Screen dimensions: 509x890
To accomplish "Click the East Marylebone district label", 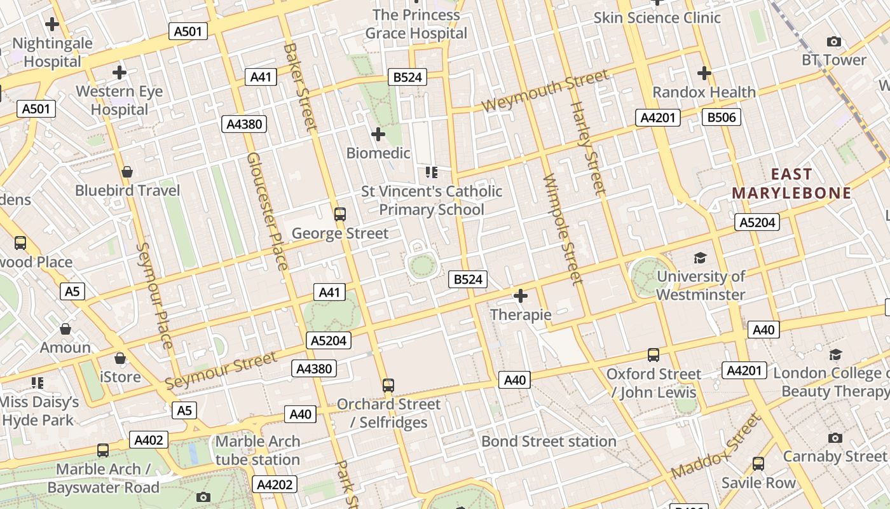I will pos(791,183).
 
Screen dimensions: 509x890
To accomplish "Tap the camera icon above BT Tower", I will pos(834,42).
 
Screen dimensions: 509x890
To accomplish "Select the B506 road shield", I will pos(722,117).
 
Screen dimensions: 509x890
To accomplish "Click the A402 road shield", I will pos(149,440).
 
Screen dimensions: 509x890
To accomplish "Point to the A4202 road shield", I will pos(275,485).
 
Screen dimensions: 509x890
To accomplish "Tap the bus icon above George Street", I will pos(340,214).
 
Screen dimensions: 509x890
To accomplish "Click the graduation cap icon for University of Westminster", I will pos(700,258).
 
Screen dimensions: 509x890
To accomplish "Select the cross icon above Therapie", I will pos(520,296).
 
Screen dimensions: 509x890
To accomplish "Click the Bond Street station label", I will pos(549,441).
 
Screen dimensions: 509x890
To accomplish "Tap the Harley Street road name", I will pos(587,148).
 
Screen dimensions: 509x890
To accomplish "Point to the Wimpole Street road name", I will pos(563,229).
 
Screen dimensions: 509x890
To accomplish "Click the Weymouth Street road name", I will pos(545,91).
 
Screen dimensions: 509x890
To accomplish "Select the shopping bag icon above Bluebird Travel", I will pos(127,172).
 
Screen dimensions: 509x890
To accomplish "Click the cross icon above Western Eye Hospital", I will pos(119,73).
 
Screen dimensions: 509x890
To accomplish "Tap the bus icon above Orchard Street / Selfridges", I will pos(388,385).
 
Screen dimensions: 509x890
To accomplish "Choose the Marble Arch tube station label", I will pos(257,450).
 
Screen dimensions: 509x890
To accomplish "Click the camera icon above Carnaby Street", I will pos(835,438).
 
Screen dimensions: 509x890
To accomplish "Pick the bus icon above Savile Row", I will pos(758,464).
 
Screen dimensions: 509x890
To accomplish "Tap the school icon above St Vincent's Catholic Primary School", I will pos(432,172).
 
